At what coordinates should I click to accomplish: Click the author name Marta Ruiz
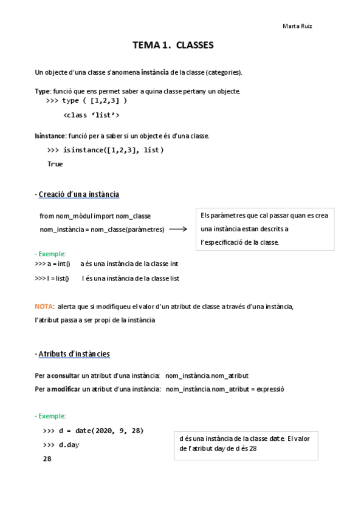click(298, 26)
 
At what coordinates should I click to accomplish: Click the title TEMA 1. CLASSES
click(173, 45)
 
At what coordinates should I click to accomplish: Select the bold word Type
click(42, 91)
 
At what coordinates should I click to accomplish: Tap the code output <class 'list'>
click(91, 115)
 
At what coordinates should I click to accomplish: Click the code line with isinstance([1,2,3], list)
click(105, 150)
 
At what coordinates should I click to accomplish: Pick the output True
click(55, 164)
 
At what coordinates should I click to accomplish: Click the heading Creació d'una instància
click(79, 194)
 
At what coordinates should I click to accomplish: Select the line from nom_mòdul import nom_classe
click(95, 216)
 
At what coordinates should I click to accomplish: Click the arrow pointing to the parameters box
click(178, 229)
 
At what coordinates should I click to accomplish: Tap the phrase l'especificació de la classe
click(239, 242)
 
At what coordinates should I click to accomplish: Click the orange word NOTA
click(44, 307)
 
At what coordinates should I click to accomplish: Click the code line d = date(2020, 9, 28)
click(94, 431)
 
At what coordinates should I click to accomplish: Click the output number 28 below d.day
click(47, 459)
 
